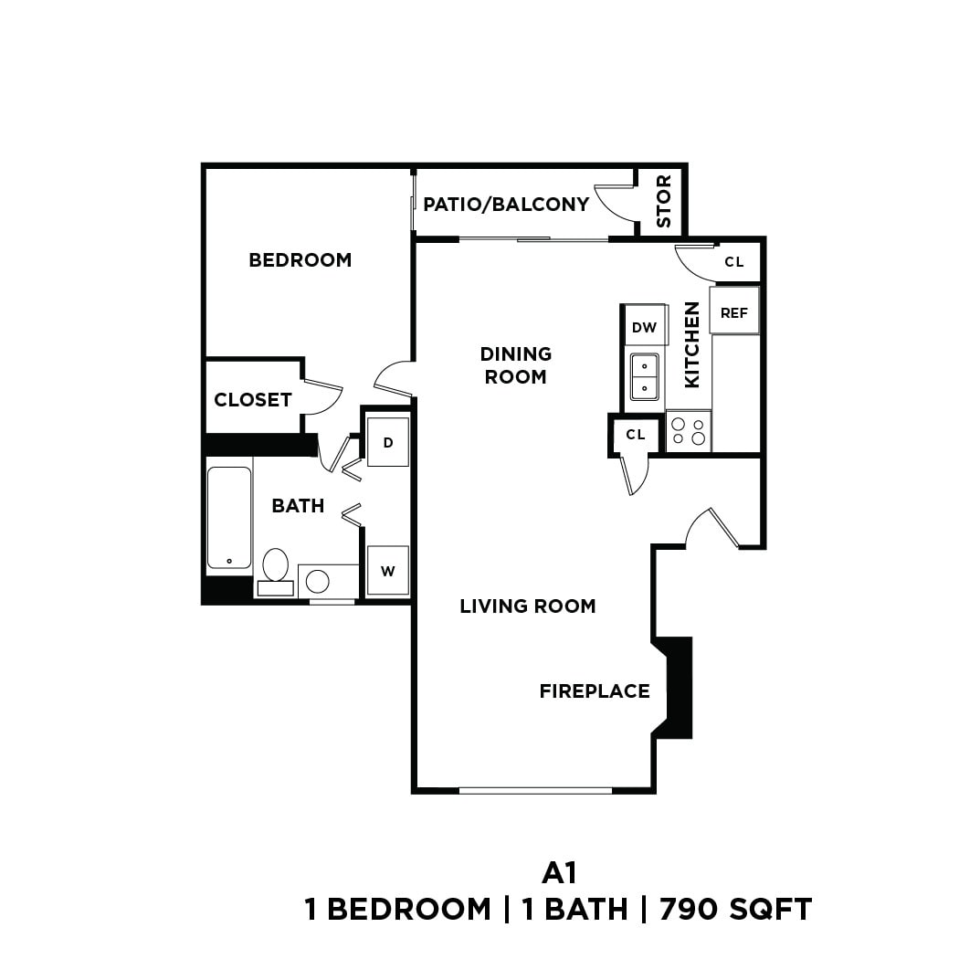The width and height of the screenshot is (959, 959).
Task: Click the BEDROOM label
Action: tap(300, 260)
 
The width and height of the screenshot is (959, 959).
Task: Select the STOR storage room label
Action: tap(663, 202)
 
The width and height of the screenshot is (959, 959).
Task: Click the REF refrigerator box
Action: tap(734, 312)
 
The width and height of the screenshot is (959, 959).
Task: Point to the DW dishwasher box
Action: tap(644, 327)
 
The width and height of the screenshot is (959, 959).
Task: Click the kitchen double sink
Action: tap(644, 376)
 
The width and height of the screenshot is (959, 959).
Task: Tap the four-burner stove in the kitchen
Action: tap(689, 430)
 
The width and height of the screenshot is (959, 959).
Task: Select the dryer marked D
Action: tap(388, 443)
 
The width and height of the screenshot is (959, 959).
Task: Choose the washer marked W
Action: tap(388, 572)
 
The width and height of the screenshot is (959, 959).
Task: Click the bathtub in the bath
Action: tap(228, 518)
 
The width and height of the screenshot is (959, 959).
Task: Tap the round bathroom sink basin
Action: tap(318, 581)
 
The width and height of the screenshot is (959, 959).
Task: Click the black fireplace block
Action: tap(679, 688)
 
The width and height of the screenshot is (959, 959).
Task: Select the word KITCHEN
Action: tap(692, 344)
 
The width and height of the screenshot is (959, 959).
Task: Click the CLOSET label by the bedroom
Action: tap(253, 400)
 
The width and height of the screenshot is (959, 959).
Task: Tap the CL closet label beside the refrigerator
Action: tap(734, 262)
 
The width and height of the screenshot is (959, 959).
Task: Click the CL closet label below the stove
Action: tap(636, 435)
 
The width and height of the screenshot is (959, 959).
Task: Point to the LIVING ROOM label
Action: tap(528, 606)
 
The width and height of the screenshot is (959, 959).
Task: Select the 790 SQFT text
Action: tap(735, 910)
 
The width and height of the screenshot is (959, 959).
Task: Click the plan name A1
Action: tap(559, 873)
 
